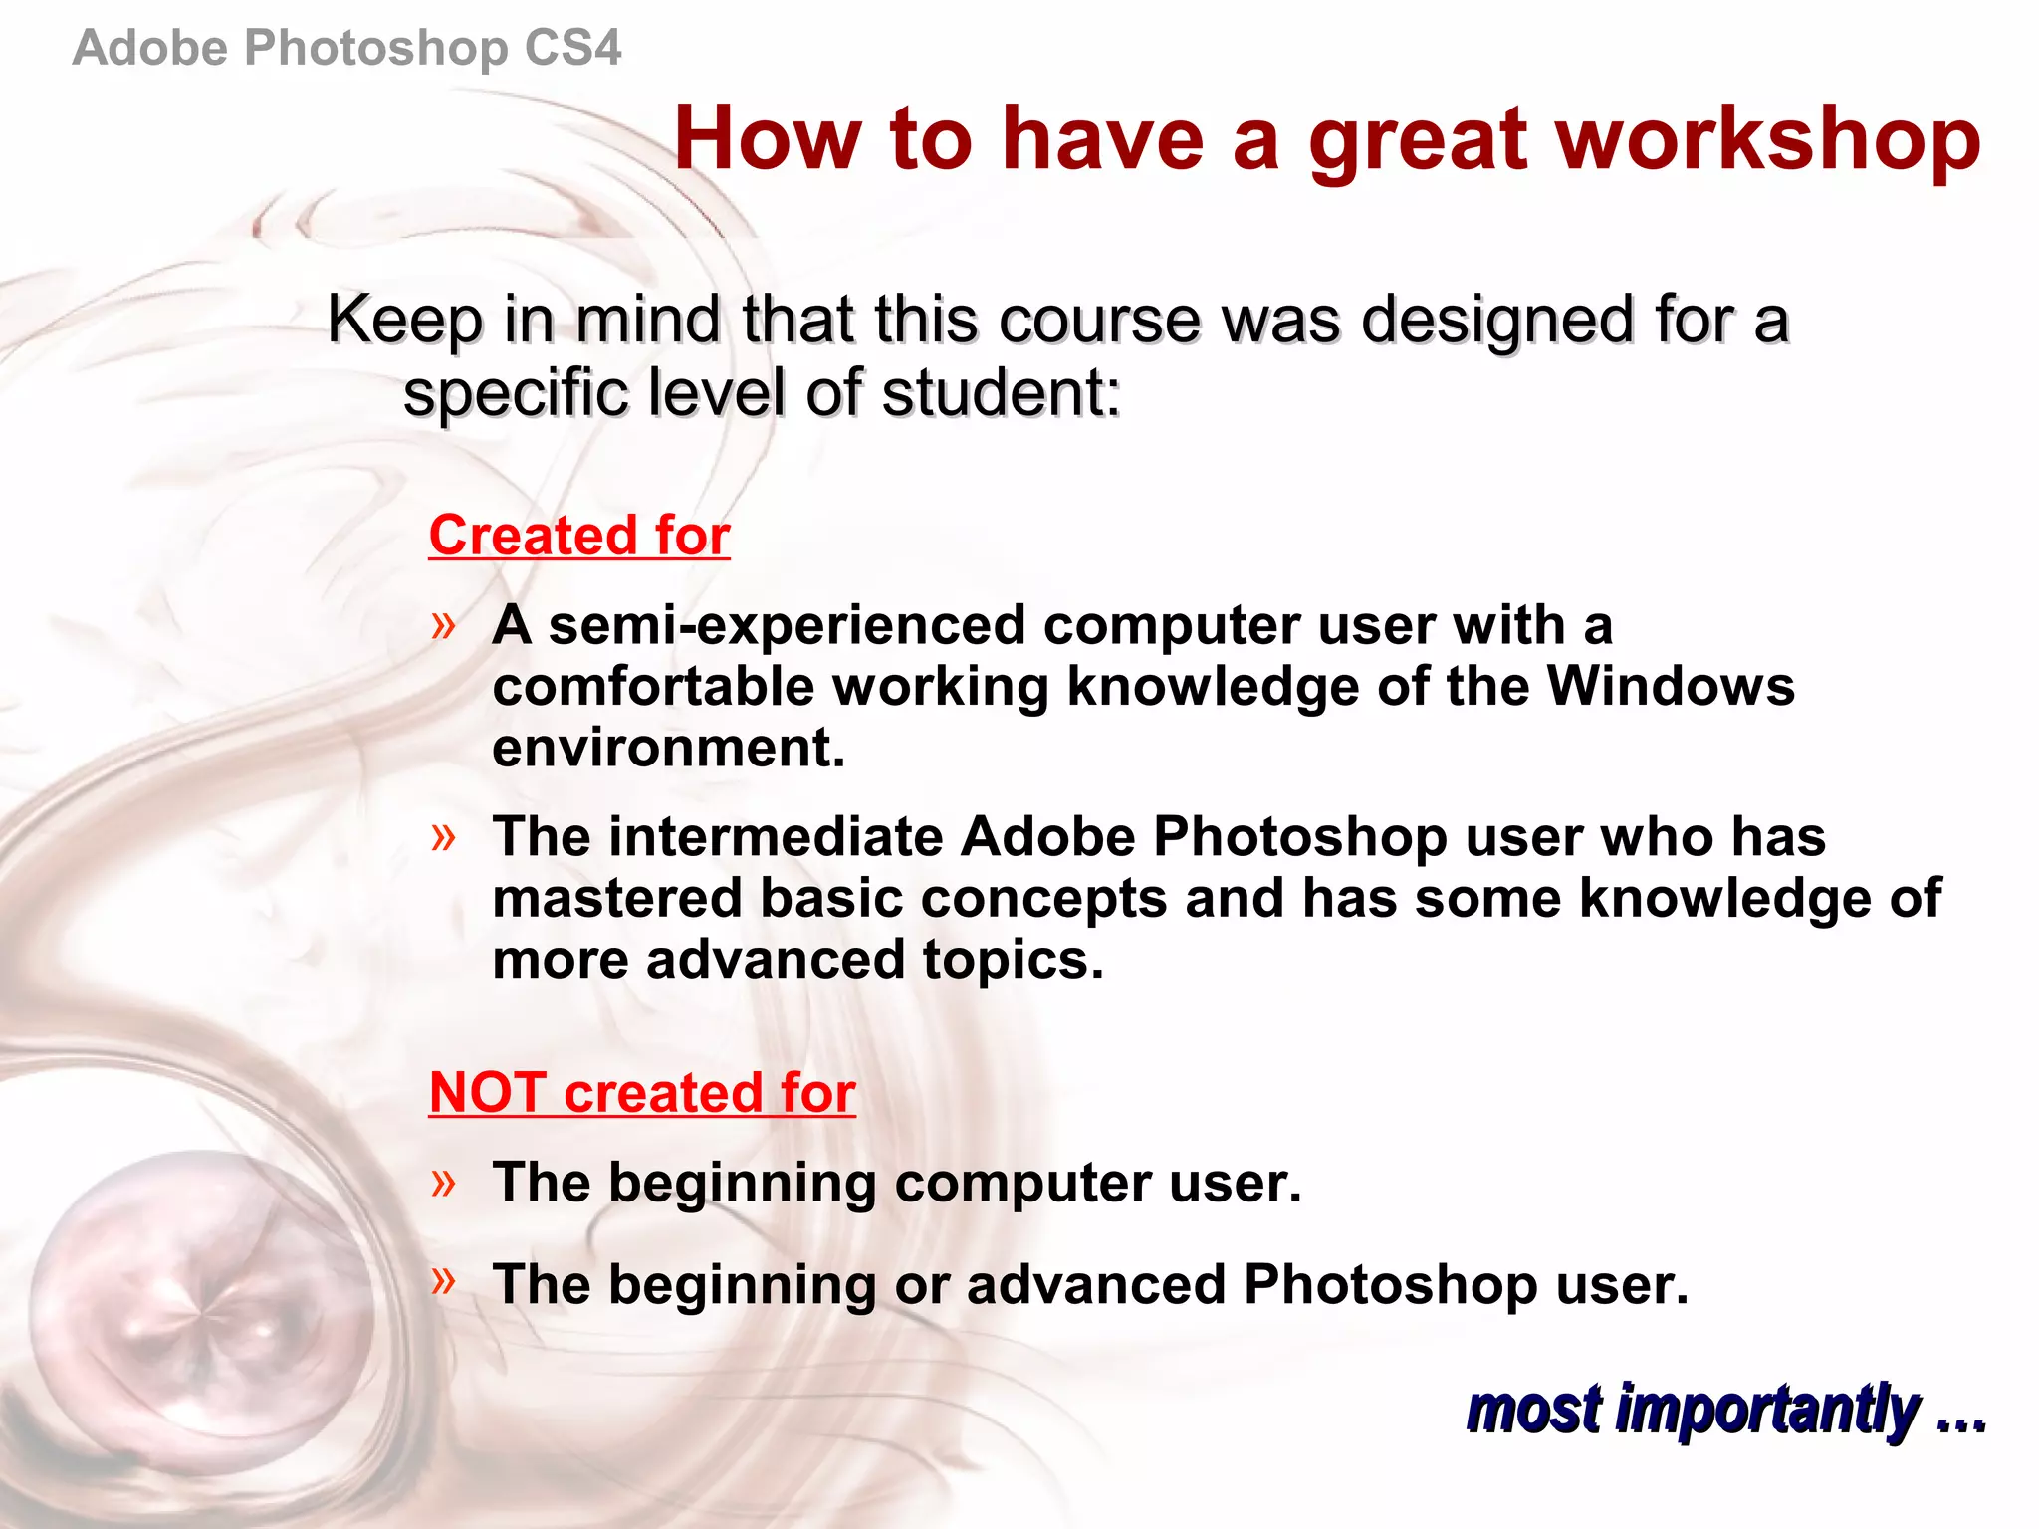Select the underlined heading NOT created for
coord(642,1093)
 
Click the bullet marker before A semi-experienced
coord(443,626)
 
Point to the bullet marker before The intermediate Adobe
coord(443,837)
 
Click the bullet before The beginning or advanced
coord(443,1280)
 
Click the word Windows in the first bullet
coord(1670,687)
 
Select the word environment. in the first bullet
coord(668,749)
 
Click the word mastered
coord(617,898)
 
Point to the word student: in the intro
coord(1001,393)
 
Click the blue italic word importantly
coord(1766,1410)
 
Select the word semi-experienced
coord(787,626)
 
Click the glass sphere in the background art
coord(199,1304)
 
